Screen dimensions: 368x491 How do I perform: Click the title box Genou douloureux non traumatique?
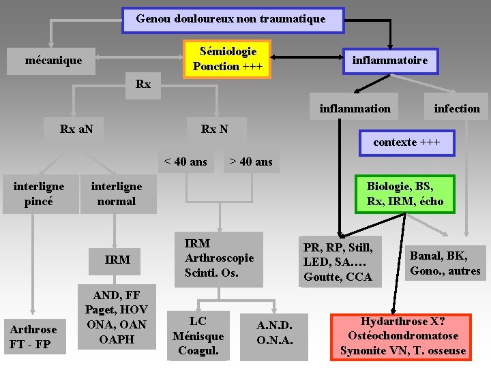(x=233, y=20)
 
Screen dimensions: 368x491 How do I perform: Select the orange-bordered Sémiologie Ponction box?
(x=228, y=59)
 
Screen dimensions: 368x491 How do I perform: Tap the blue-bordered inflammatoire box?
(x=390, y=61)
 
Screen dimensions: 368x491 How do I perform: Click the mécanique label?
(x=53, y=61)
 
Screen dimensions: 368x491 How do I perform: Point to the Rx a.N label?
(x=77, y=129)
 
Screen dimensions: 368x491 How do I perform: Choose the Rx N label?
(x=215, y=129)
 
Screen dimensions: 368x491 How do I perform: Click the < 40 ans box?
(x=185, y=162)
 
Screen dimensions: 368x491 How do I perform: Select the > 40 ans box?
(x=251, y=162)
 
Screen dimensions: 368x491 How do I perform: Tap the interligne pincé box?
(x=39, y=194)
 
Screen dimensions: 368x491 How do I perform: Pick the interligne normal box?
(x=117, y=194)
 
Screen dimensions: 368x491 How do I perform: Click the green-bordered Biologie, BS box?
(x=404, y=194)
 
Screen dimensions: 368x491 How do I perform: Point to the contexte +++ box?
(x=406, y=142)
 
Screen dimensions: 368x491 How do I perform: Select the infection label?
(x=457, y=108)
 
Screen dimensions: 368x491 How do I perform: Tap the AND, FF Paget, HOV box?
(x=117, y=317)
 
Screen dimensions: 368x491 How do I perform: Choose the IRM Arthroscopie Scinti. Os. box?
(x=220, y=258)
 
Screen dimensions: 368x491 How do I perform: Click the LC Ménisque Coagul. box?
(x=198, y=336)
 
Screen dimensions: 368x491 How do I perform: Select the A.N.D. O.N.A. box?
(x=275, y=332)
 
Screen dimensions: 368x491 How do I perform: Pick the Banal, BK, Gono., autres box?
(x=445, y=263)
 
